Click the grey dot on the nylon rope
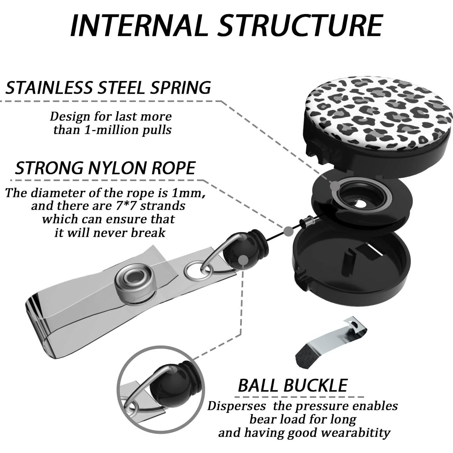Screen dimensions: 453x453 (x=288, y=231)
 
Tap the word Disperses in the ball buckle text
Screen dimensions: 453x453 (x=237, y=406)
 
